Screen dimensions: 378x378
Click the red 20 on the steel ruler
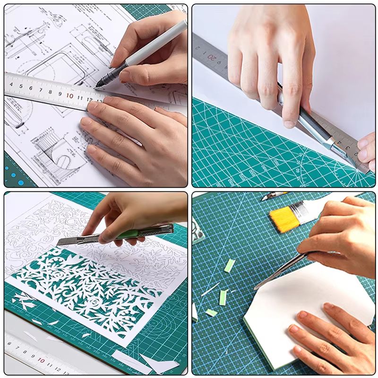(213, 59)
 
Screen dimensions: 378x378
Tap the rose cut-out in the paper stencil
(94, 302)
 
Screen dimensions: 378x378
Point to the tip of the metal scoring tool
(255, 288)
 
